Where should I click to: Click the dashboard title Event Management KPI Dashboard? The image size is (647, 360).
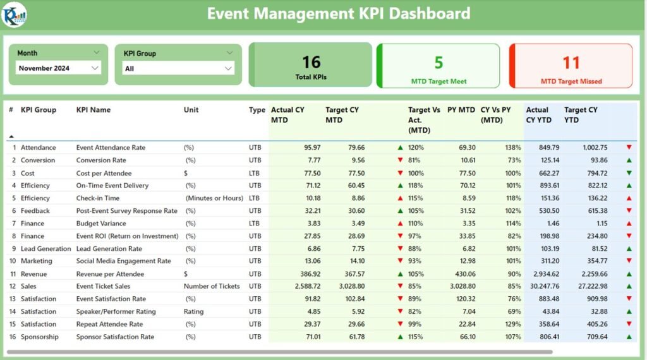click(x=338, y=13)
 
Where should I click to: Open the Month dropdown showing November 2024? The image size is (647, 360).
click(x=58, y=68)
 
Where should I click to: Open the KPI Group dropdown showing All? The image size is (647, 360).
click(x=178, y=68)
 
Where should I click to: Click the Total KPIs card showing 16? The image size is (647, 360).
click(x=311, y=65)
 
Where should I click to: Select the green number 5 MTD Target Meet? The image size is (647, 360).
click(x=438, y=63)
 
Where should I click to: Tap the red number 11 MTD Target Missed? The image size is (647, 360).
click(x=571, y=63)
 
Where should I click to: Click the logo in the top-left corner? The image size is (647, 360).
click(x=14, y=15)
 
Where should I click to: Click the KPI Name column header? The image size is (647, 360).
click(x=94, y=110)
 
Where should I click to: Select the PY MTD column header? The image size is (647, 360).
click(x=461, y=110)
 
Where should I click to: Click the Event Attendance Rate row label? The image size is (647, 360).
click(x=111, y=148)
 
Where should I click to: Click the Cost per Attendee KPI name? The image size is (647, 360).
click(x=104, y=173)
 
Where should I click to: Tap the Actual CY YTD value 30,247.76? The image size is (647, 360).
click(x=543, y=287)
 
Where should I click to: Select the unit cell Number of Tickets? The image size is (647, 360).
click(x=212, y=287)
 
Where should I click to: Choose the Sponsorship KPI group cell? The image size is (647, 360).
click(x=39, y=337)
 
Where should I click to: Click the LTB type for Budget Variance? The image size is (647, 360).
click(x=255, y=224)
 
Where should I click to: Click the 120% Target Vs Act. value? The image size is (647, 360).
click(x=416, y=148)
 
